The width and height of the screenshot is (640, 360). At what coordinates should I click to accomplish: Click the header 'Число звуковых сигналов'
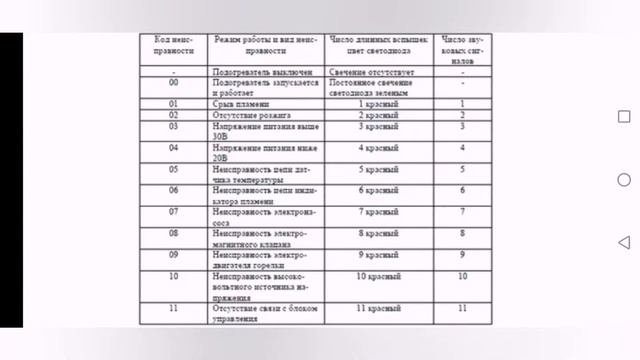pyautogui.click(x=462, y=47)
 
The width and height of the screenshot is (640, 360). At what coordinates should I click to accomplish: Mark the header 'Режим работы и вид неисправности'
pyautogui.click(x=266, y=47)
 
